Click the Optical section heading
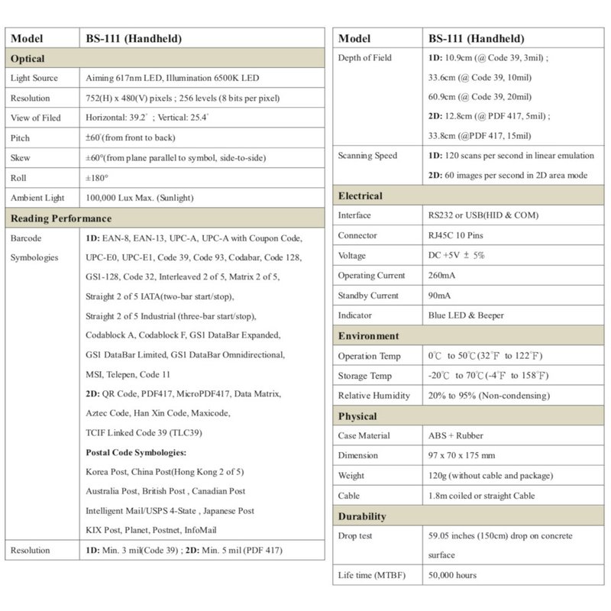[27, 59]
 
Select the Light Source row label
[35, 79]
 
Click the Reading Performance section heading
[60, 218]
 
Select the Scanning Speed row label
[367, 156]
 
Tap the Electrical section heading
[360, 196]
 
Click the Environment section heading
[368, 336]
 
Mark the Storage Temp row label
[364, 376]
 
